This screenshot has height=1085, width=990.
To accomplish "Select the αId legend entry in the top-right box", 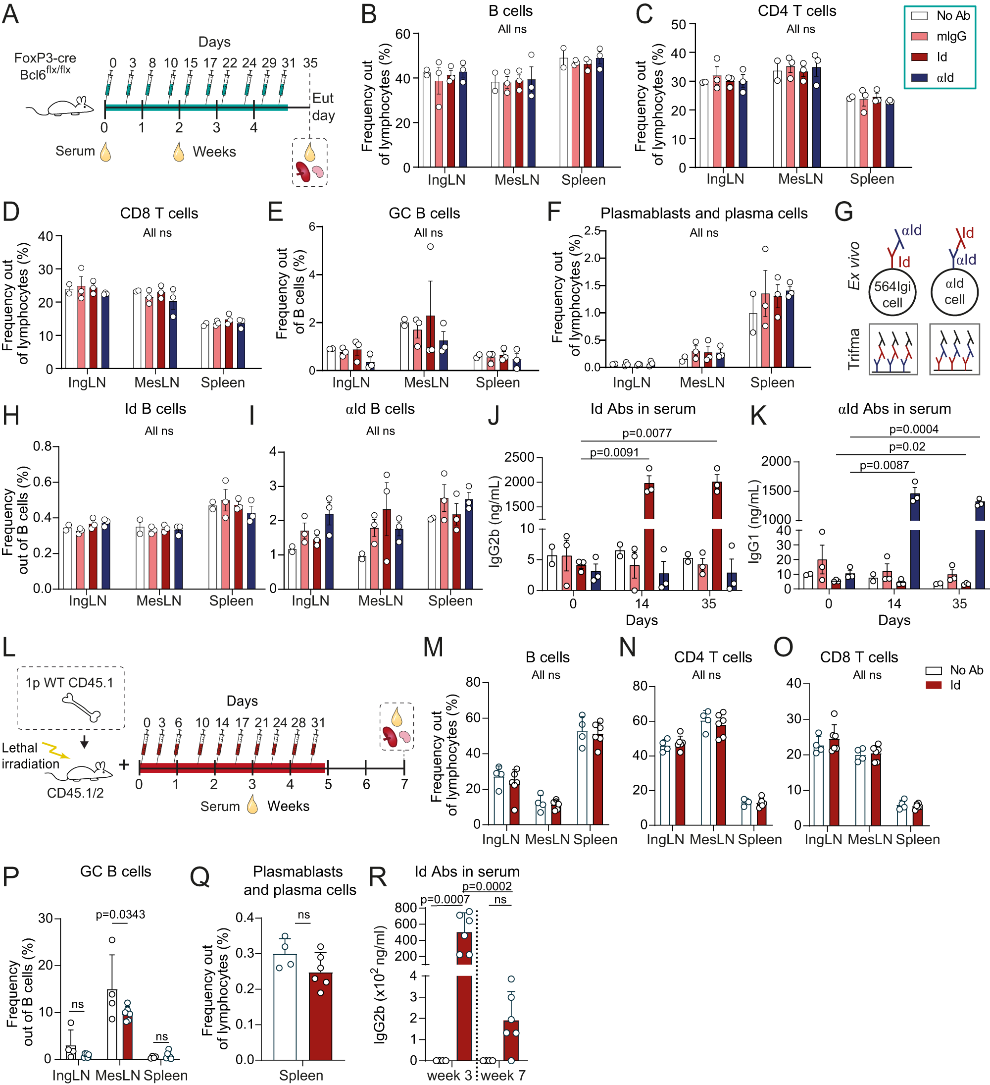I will [x=944, y=77].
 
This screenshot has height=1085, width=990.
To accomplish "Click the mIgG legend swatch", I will [x=920, y=37].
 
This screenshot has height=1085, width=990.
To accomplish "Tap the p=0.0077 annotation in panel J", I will [x=646, y=433].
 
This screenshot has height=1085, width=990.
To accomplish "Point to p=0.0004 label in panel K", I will [x=914, y=429].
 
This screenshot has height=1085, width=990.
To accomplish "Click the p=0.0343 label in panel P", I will [x=120, y=915].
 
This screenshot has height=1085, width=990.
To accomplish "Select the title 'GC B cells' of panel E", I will [x=424, y=213].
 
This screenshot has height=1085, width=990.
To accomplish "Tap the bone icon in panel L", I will [x=81, y=706].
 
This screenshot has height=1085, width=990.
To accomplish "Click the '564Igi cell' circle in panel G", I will [x=891, y=293].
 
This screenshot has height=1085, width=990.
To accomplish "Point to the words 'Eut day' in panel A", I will [x=323, y=107].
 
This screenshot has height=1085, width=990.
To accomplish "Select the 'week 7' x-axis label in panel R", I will [x=502, y=1075].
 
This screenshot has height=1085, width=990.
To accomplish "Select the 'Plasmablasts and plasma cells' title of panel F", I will [x=703, y=213].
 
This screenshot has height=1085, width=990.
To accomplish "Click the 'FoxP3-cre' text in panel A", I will [x=45, y=58].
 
